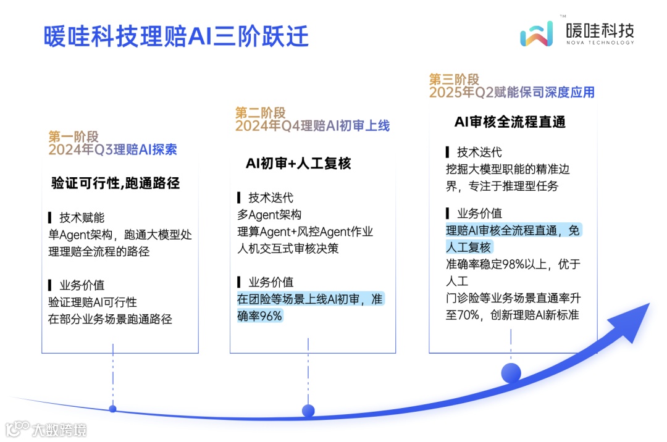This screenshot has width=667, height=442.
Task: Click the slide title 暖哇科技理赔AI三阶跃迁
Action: (176, 36)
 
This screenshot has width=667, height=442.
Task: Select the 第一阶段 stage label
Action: (73, 137)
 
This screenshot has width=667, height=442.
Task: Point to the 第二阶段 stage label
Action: (260, 112)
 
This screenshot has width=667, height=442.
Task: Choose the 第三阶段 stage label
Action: (454, 79)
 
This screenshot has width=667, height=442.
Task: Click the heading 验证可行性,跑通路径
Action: (115, 183)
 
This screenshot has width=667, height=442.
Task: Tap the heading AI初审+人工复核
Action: (298, 163)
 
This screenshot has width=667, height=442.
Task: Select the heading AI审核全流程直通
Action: (510, 122)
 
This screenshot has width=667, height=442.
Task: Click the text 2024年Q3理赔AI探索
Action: (113, 150)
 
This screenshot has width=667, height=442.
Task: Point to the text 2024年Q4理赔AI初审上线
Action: (313, 126)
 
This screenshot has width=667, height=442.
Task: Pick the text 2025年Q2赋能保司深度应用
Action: (512, 93)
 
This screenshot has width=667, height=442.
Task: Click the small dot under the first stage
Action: (112, 408)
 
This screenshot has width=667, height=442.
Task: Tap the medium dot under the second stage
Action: (308, 411)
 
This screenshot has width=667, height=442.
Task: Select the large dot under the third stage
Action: (511, 372)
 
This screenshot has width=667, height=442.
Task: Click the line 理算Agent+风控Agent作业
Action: (305, 232)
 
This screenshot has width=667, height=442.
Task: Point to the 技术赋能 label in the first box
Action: (82, 218)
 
